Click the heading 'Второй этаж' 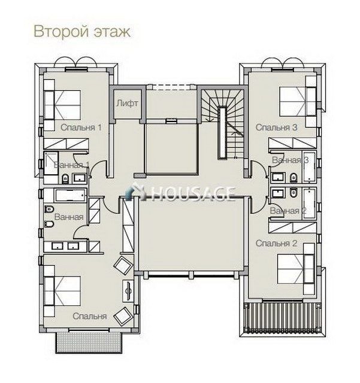tap(82, 32)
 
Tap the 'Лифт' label tap(127, 104)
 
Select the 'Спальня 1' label tap(81, 127)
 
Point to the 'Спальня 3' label tap(276, 127)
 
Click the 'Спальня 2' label tap(276, 243)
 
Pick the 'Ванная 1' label tap(71, 165)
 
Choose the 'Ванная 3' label tap(291, 160)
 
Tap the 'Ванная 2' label tap(288, 210)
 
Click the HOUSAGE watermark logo tap(180, 192)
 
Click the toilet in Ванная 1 tap(65, 178)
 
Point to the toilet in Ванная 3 tap(294, 178)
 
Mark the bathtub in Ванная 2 tap(309, 203)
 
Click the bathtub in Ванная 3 tap(309, 167)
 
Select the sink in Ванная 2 tap(277, 193)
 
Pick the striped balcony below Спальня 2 tap(283, 318)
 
